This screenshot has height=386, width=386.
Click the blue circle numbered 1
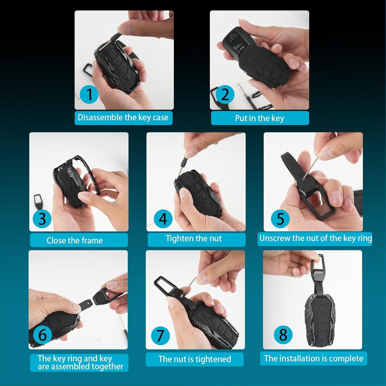(89, 94)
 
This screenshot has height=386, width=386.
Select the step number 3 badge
(42, 219)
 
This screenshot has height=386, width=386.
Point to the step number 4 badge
(163, 219)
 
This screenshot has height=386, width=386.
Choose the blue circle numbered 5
(280, 219)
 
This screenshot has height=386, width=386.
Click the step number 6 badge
(42, 335)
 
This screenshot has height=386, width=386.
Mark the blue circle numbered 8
(283, 335)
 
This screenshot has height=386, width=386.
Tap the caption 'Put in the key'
(259, 118)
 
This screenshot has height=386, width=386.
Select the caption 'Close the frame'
(75, 240)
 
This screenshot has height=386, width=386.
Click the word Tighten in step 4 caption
(179, 238)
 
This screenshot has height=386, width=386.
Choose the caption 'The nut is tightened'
(195, 359)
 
